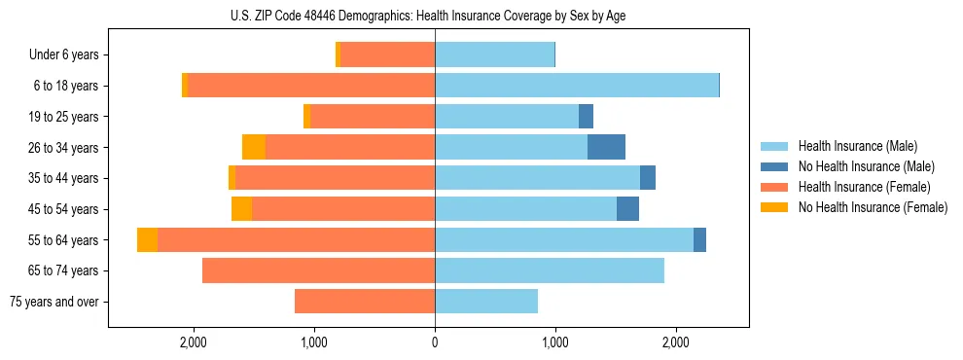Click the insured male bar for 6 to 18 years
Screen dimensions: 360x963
pos(576,86)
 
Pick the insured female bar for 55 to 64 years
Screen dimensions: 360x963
pos(296,240)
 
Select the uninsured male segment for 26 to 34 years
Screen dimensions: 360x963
pos(606,148)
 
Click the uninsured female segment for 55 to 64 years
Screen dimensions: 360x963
pos(147,240)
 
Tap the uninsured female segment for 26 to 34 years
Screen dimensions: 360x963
pos(254,148)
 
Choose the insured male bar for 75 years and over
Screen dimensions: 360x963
pos(486,302)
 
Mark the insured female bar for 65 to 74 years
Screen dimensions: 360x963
pos(318,270)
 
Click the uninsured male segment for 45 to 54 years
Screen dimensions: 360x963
pos(627,209)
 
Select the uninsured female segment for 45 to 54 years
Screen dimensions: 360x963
pos(241,209)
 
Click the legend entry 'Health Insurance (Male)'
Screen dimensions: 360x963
pos(857,146)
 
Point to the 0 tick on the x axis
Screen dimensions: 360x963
pos(435,342)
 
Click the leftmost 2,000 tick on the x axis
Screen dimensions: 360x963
pos(193,342)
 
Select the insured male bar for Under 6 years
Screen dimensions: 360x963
pos(494,55)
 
